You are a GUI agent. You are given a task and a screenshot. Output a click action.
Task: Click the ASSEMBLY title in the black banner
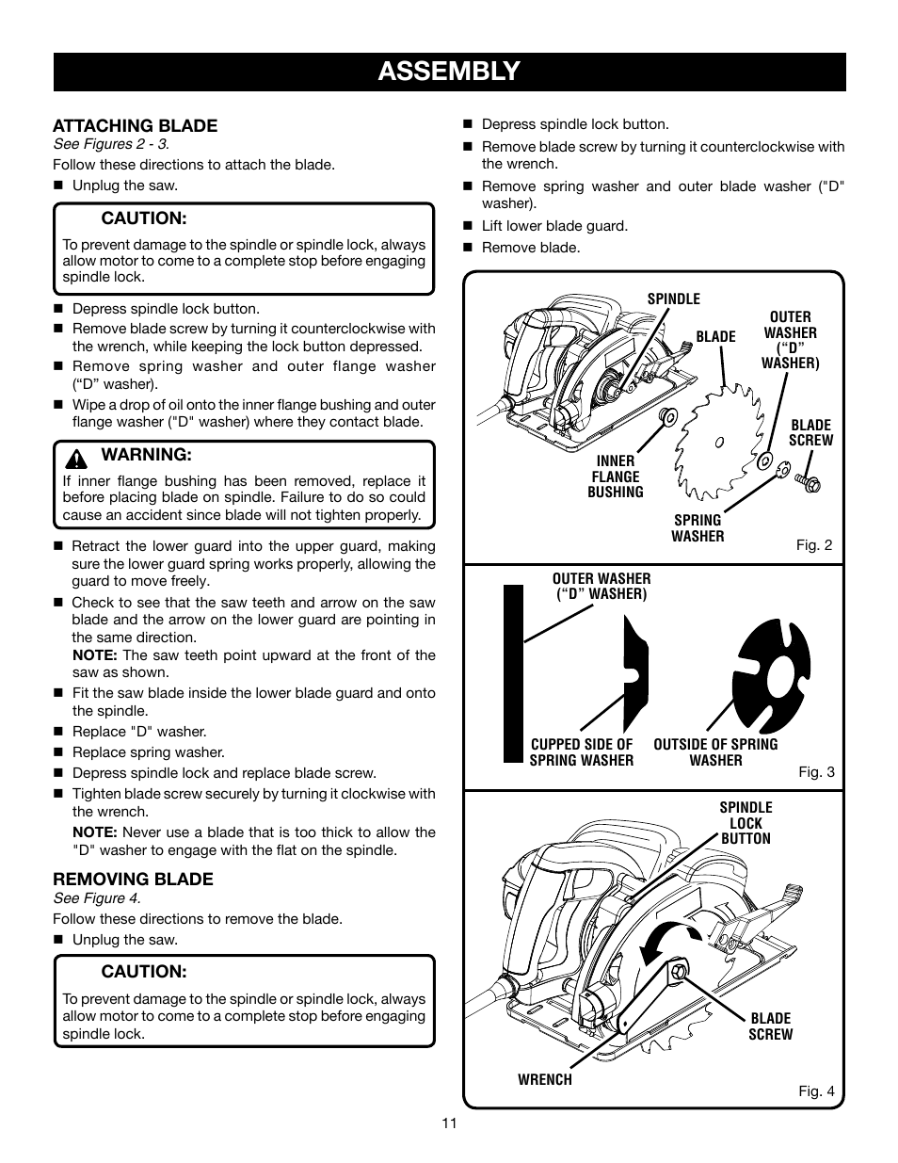449,71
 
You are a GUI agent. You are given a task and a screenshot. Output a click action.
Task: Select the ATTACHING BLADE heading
135,125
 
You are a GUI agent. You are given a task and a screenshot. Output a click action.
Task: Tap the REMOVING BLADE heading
133,879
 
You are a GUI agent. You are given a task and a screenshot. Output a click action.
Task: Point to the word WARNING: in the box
146,455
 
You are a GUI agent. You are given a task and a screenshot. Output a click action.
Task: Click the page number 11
448,1123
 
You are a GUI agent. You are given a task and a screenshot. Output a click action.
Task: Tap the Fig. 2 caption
814,545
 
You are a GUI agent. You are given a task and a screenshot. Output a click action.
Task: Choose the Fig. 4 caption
816,1091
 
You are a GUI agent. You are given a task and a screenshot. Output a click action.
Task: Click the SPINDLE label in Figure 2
673,299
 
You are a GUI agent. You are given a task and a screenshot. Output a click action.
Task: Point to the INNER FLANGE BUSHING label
616,477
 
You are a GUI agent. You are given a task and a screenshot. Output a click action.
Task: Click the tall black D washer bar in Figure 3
513,672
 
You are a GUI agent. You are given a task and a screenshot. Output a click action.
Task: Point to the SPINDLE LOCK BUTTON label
746,823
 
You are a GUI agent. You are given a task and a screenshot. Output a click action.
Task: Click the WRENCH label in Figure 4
544,1080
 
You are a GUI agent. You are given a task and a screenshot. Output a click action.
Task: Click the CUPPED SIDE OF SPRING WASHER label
581,752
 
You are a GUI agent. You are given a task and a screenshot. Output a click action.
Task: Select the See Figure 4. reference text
97,898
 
